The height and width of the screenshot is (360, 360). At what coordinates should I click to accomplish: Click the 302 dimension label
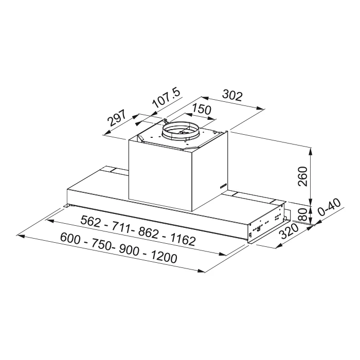coord(232,96)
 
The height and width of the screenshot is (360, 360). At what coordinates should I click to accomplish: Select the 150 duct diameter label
coord(202,109)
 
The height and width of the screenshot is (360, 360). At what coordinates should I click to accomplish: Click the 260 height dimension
coord(302,176)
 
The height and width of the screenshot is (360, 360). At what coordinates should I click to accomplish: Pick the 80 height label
coord(303,214)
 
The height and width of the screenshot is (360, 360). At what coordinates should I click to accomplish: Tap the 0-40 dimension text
coord(330,207)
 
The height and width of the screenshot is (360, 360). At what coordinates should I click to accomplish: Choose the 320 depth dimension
coord(290,231)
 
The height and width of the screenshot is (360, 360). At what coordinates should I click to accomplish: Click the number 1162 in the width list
coord(183,240)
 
